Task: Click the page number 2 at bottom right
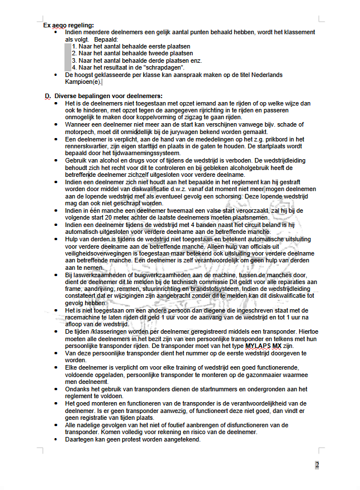(x=317, y=465)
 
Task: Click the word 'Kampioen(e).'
(x=83, y=82)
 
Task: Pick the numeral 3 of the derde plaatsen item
(x=74, y=60)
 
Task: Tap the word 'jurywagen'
(x=212, y=131)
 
